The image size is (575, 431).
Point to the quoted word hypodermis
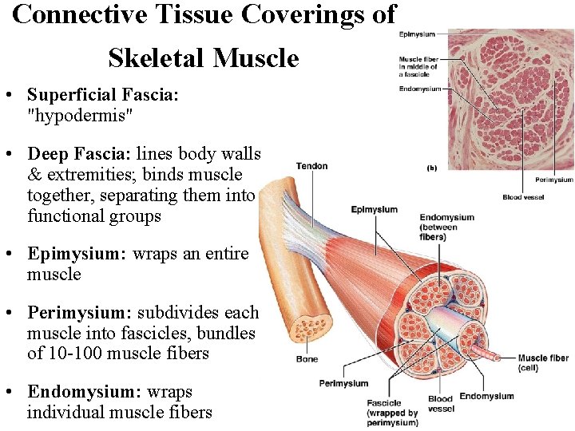click(x=80, y=116)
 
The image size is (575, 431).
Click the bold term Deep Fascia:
click(x=79, y=153)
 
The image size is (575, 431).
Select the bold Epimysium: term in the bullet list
click(x=77, y=254)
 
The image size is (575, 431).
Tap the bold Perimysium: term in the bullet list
click(x=81, y=312)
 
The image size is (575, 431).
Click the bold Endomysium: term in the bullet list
click(x=82, y=392)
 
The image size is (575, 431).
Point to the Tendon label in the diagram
click(x=311, y=166)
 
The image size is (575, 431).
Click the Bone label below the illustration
click(x=307, y=359)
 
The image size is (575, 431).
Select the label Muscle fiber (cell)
click(x=543, y=363)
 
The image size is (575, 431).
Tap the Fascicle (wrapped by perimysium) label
click(x=391, y=413)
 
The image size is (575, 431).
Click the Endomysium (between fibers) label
click(x=446, y=227)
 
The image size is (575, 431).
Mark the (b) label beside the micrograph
click(x=432, y=168)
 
